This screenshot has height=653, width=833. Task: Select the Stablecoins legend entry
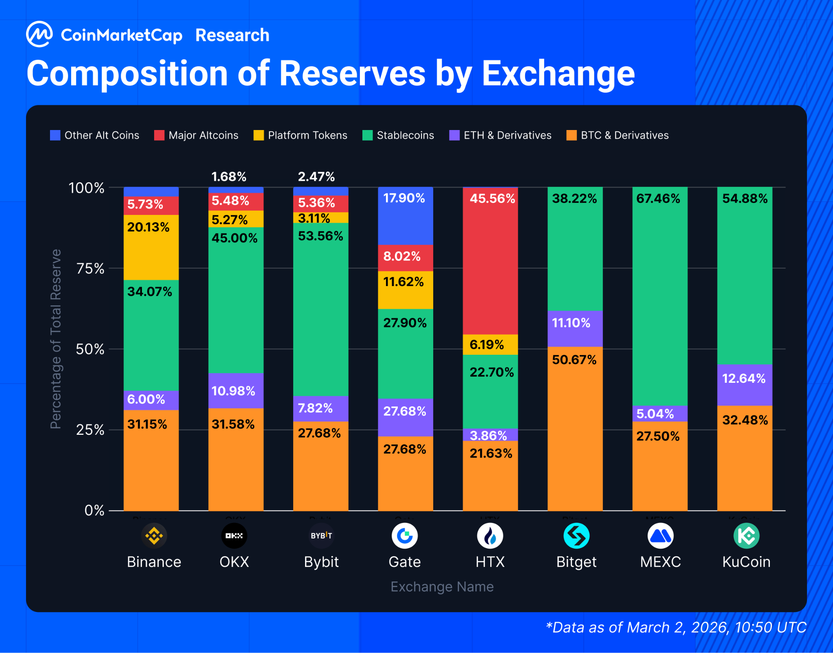pyautogui.click(x=398, y=135)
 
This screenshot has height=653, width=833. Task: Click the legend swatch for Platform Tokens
pyautogui.click(x=258, y=135)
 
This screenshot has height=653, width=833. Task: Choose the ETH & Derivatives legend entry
pyautogui.click(x=500, y=135)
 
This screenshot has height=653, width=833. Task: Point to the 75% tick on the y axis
pyautogui.click(x=90, y=269)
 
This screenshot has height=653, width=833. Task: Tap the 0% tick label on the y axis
pyautogui.click(x=94, y=510)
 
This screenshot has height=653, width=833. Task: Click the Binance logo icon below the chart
pyautogui.click(x=154, y=536)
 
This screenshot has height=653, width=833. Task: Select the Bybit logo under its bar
pyautogui.click(x=321, y=536)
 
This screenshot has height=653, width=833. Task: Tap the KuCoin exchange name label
pyautogui.click(x=746, y=562)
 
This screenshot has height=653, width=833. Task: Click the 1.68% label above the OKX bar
pyautogui.click(x=229, y=177)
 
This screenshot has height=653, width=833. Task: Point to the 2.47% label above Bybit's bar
pyautogui.click(x=316, y=177)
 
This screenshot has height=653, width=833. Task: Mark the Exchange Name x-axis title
pyautogui.click(x=442, y=587)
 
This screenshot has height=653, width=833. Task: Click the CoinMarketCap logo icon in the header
pyautogui.click(x=39, y=35)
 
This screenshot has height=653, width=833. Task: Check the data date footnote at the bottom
pyautogui.click(x=676, y=627)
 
